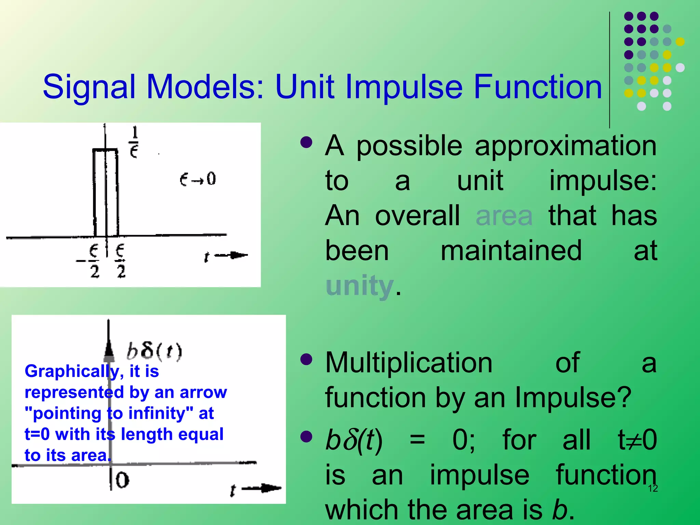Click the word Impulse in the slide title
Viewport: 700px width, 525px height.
click(x=404, y=88)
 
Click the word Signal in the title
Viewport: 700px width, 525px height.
click(x=89, y=88)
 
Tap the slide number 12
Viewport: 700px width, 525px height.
click(x=653, y=488)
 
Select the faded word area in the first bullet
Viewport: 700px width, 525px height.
click(x=504, y=216)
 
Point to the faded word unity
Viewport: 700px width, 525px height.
click(x=360, y=286)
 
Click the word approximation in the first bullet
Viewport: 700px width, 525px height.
click(x=565, y=146)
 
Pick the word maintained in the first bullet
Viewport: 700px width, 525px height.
click(x=511, y=251)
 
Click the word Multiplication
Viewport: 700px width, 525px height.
click(x=409, y=363)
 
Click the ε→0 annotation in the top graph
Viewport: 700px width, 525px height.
click(x=198, y=179)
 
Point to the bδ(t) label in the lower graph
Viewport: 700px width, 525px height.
click(x=154, y=351)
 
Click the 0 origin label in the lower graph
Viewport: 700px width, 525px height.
click(x=122, y=480)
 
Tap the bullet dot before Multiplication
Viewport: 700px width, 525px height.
click(x=306, y=359)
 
